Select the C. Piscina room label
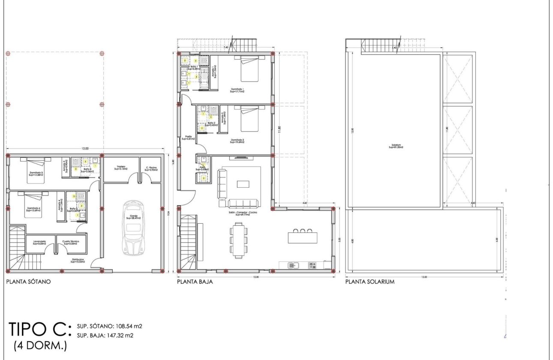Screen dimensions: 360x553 tap(151, 168)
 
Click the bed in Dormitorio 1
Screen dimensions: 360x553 tap(249, 69)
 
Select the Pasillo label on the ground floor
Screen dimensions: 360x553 tap(188, 138)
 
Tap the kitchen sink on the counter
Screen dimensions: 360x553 tap(294, 265)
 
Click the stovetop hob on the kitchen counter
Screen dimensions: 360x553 tap(313, 265)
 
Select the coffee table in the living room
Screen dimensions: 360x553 tap(243, 184)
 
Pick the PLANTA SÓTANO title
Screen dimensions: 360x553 tap(28, 282)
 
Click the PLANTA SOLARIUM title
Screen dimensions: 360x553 tap(370, 282)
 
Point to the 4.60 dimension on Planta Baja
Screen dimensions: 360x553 tap(304, 203)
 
